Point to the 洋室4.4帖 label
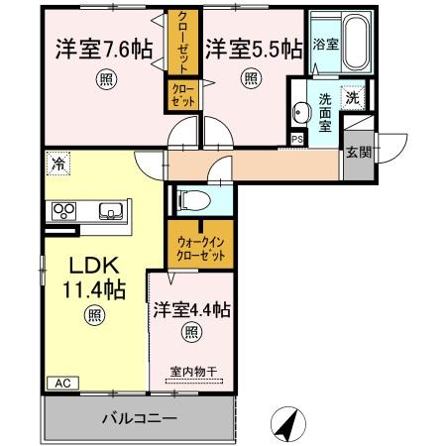(191, 310)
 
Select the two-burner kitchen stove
(65, 210)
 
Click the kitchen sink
(110, 210)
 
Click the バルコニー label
(139, 417)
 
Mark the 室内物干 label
(192, 373)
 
